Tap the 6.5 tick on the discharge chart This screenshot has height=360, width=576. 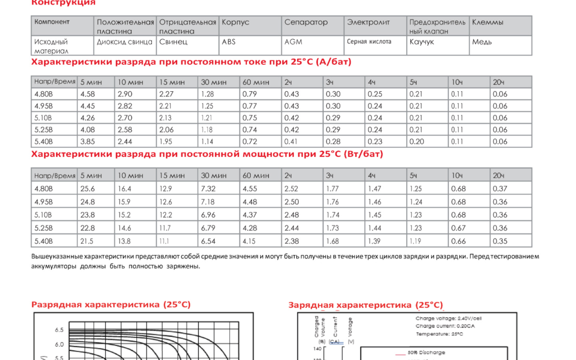pyautogui.click(x=59, y=330)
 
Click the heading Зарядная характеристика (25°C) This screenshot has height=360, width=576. pyautogui.click(x=366, y=305)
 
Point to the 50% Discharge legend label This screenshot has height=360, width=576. pyautogui.click(x=426, y=353)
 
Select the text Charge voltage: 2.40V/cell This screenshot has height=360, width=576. pyautogui.click(x=448, y=318)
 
